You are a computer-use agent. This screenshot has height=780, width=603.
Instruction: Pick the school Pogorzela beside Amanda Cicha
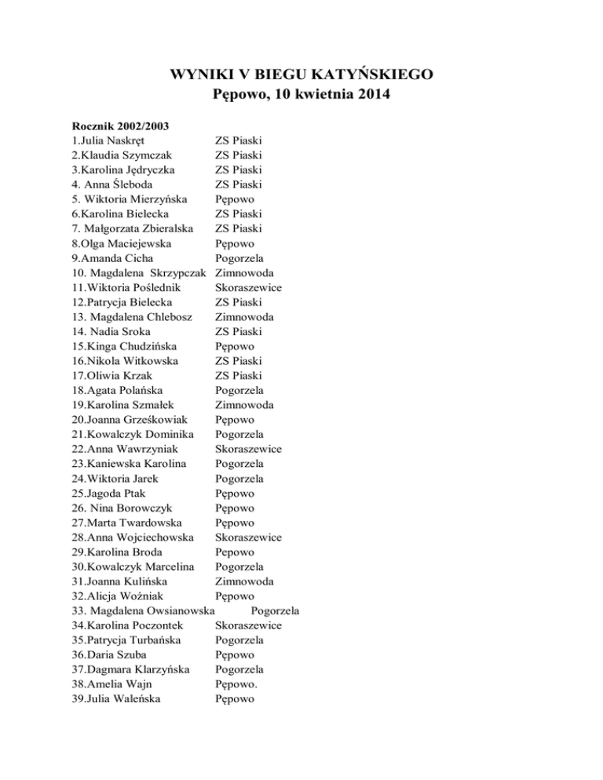click(239, 258)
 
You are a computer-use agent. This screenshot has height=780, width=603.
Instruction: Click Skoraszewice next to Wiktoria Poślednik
click(249, 288)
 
